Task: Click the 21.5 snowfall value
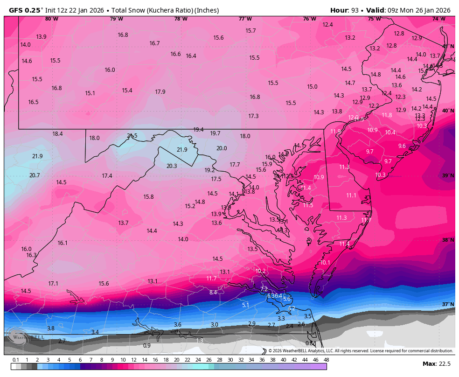[x=132, y=136]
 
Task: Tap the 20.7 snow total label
[x=35, y=175]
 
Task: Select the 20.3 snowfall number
[x=172, y=166]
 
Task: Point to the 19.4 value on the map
[x=198, y=129]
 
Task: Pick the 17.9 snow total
[x=160, y=91]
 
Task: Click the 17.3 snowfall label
[x=253, y=116]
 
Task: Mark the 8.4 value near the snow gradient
[x=213, y=293]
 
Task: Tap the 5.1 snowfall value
[x=245, y=305]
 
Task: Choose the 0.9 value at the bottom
[x=147, y=346]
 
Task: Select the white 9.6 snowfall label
[x=402, y=146]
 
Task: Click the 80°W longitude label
[x=52, y=19]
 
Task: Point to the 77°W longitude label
[x=245, y=19]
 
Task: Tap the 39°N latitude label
[x=448, y=175]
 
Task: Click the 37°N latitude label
[x=448, y=304]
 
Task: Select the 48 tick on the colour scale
[x=326, y=360]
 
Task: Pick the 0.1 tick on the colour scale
[x=16, y=360]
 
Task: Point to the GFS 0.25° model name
[x=26, y=10]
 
